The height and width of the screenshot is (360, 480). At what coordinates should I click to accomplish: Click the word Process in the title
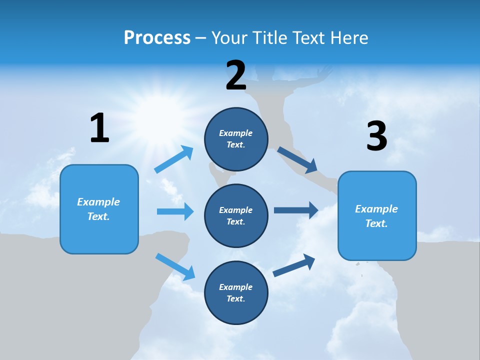pyautogui.click(x=157, y=38)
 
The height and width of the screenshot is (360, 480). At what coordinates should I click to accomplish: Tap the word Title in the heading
pyautogui.click(x=268, y=38)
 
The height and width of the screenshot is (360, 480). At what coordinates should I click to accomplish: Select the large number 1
pyautogui.click(x=99, y=128)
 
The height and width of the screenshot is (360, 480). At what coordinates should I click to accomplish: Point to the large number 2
pyautogui.click(x=236, y=75)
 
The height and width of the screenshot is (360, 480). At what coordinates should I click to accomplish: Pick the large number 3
pyautogui.click(x=376, y=136)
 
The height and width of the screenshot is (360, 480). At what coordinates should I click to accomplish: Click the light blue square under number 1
pyautogui.click(x=99, y=209)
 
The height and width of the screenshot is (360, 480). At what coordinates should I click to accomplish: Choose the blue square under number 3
pyautogui.click(x=377, y=215)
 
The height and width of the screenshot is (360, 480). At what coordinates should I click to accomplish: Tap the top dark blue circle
pyautogui.click(x=236, y=139)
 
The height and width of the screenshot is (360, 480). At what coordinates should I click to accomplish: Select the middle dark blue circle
pyautogui.click(x=236, y=215)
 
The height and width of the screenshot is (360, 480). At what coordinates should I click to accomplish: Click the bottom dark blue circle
pyautogui.click(x=236, y=292)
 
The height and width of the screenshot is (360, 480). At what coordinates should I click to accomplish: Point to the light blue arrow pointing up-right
pyautogui.click(x=174, y=159)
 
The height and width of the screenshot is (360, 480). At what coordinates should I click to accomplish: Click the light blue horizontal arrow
pyautogui.click(x=175, y=211)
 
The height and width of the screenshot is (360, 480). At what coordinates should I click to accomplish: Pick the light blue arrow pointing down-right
pyautogui.click(x=175, y=266)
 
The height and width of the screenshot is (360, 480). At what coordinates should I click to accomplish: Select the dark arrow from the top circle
pyautogui.click(x=297, y=159)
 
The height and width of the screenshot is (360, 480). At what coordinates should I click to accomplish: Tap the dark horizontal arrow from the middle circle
pyautogui.click(x=296, y=210)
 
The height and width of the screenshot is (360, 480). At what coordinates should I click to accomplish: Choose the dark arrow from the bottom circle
pyautogui.click(x=294, y=265)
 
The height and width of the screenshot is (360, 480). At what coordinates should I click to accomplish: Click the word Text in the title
pyautogui.click(x=310, y=38)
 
